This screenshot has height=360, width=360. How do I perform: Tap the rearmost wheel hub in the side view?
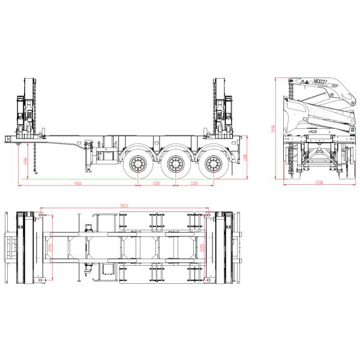212,163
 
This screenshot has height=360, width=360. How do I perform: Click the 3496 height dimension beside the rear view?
274,129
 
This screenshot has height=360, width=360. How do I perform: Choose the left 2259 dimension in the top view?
50,246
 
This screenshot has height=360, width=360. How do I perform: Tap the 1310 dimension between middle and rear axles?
194,182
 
